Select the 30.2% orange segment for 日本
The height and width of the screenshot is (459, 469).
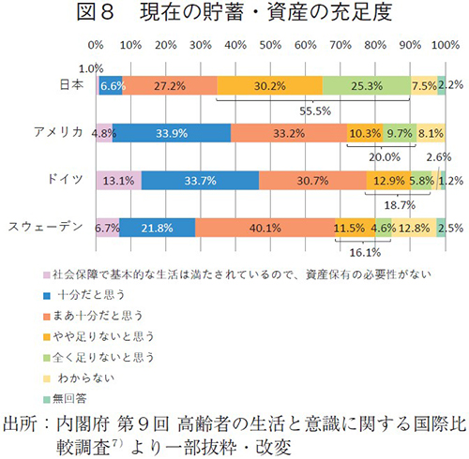[269, 85]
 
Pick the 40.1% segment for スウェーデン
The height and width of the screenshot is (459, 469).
[265, 226]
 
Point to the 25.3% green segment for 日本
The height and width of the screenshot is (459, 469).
[366, 85]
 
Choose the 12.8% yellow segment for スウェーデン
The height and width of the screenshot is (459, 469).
[413, 226]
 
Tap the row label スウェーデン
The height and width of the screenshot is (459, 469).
[49, 226]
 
